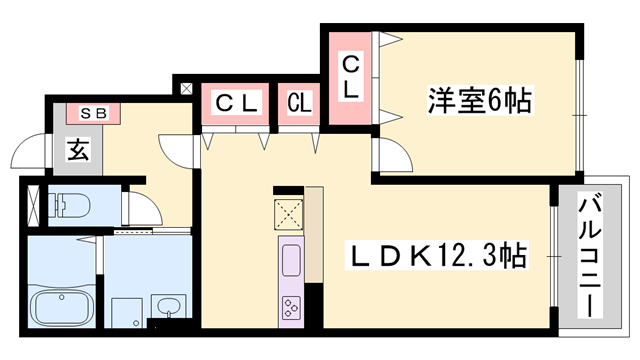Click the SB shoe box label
pyautogui.click(x=93, y=113)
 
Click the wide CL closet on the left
pyautogui.click(x=238, y=102)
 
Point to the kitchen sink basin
pyautogui.click(x=291, y=263)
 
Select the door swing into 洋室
pyautogui.click(x=390, y=152)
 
